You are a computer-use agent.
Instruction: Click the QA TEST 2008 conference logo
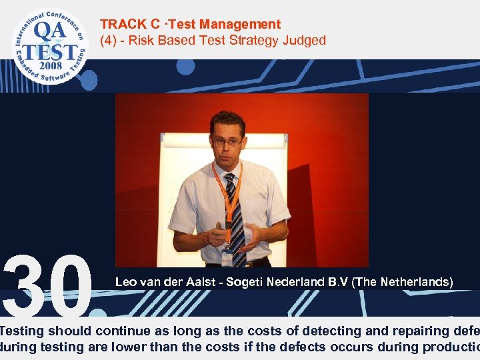coord(49,45)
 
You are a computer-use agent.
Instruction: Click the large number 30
coord(47,285)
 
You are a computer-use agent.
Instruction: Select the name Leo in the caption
coord(126,282)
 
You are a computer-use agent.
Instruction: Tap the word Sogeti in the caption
coord(245,282)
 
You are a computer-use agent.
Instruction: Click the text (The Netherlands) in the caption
coord(403,282)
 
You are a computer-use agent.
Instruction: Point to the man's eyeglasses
coord(227,141)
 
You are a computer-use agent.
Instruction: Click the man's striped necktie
coord(235,213)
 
